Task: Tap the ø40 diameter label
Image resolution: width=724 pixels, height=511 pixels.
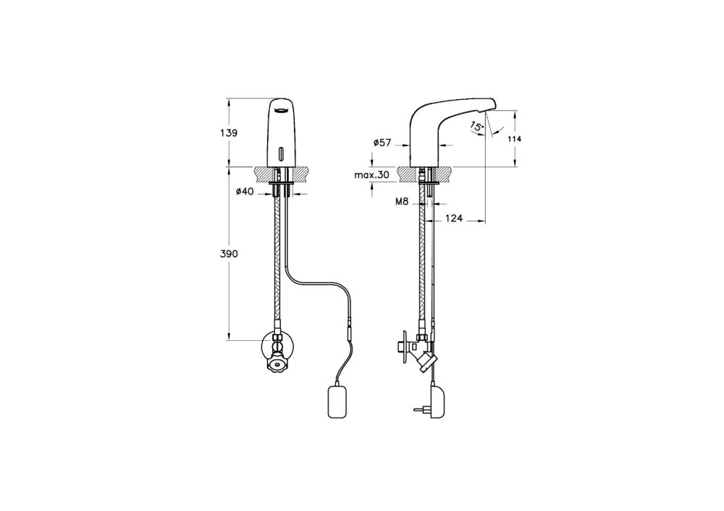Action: [x=243, y=191]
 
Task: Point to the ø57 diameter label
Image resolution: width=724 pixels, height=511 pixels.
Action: [x=382, y=143]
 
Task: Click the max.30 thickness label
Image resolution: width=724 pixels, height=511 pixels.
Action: [x=372, y=175]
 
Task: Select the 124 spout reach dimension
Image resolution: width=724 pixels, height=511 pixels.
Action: [x=453, y=216]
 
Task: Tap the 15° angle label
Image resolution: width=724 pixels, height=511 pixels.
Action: [x=476, y=127]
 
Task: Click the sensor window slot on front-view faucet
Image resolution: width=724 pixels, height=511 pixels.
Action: [x=280, y=154]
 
